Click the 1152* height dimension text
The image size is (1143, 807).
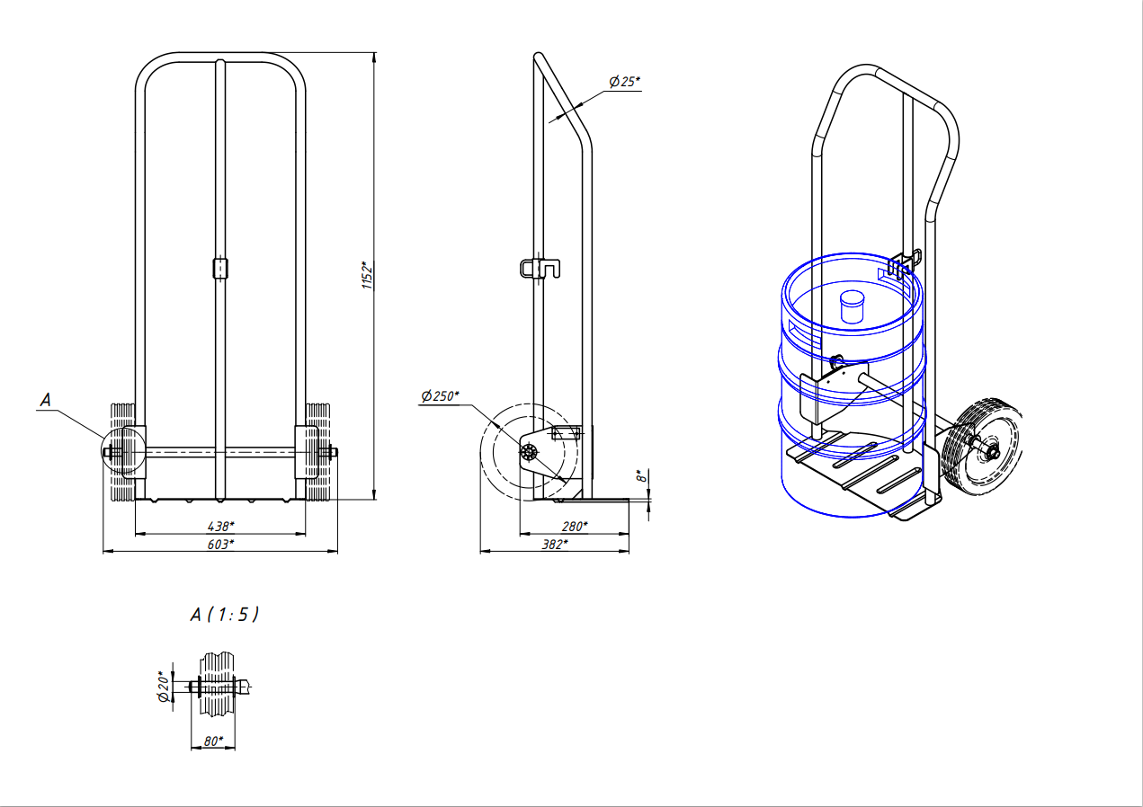click(368, 275)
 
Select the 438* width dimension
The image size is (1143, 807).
click(220, 526)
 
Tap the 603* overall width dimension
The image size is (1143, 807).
click(220, 544)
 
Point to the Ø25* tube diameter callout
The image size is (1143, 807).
click(624, 82)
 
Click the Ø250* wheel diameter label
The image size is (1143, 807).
click(440, 396)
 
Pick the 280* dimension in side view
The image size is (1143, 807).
click(575, 526)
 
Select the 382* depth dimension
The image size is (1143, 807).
click(555, 545)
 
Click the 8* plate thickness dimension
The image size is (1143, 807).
click(641, 476)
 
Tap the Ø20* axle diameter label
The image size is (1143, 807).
click(164, 687)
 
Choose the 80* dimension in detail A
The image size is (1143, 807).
click(213, 741)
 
